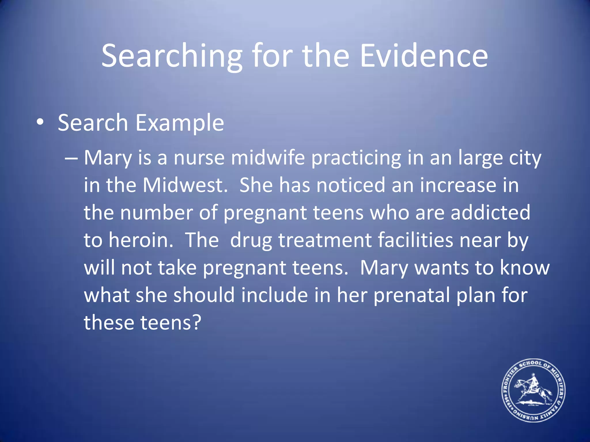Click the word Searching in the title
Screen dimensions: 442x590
[x=172, y=56]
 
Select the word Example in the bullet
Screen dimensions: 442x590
[x=179, y=123]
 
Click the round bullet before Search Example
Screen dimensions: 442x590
[x=40, y=122]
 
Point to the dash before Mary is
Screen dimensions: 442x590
[x=71, y=159]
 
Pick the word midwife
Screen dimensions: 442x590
[x=268, y=158]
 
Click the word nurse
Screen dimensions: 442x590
[x=199, y=158]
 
